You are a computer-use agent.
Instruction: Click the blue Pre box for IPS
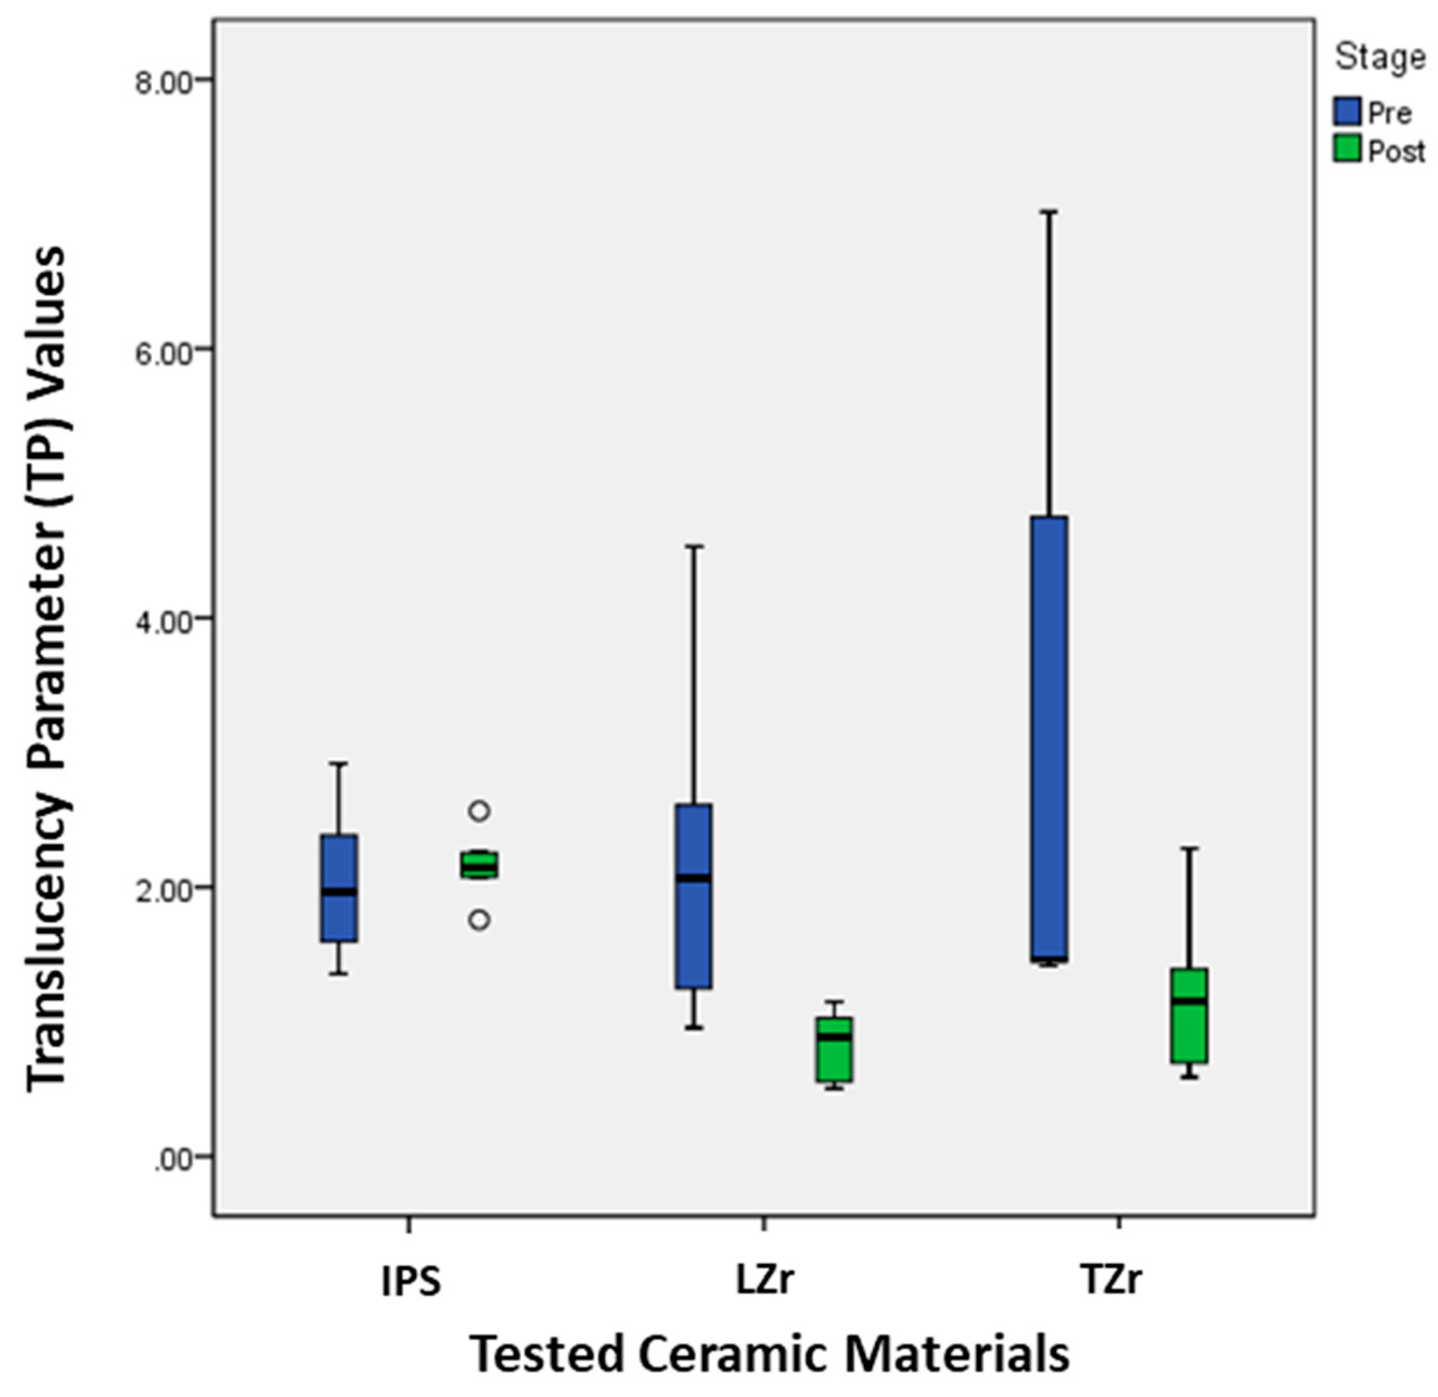coord(340,888)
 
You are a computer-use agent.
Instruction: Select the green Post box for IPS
coord(479,864)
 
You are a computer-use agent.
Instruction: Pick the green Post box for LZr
coord(835,1050)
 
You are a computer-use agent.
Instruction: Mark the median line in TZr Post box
coord(1189,1001)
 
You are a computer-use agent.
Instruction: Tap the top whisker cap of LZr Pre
coord(694,547)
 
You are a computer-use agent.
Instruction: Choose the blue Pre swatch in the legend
coord(1347,112)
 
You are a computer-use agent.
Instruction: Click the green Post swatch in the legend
coord(1347,150)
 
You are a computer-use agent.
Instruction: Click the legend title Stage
coord(1379,56)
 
